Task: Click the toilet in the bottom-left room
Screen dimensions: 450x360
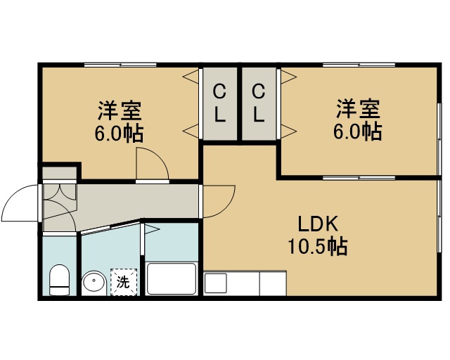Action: pos(59,280)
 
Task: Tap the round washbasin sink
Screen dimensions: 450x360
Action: pos(94,283)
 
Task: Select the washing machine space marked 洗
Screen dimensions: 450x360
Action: pos(124,282)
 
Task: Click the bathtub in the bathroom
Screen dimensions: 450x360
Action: pos(171,278)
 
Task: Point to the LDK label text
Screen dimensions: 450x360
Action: pos(318,224)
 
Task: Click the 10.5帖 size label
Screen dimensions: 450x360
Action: pos(318,246)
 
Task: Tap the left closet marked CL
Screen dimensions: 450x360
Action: pos(220,103)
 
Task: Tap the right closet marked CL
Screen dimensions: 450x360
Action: pos(259,103)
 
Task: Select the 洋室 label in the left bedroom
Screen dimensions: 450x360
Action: pos(120,110)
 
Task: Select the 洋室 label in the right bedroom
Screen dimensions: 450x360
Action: pos(358,108)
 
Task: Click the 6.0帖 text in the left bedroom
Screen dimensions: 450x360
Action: pos(119,134)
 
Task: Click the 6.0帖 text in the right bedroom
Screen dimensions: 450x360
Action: pos(358,131)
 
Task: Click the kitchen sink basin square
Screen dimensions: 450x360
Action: pos(216,283)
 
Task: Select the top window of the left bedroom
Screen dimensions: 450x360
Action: pos(120,65)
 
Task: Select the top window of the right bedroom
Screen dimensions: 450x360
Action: pos(359,65)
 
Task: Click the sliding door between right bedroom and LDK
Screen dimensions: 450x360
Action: pos(359,178)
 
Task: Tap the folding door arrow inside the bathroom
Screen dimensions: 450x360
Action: pos(151,229)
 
